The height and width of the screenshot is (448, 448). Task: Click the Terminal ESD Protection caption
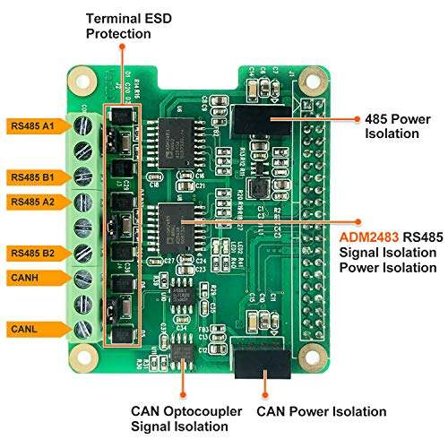120,25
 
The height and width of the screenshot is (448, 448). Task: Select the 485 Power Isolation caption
392,125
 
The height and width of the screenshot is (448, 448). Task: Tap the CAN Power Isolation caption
321,412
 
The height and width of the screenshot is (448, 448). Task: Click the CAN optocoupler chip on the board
184,355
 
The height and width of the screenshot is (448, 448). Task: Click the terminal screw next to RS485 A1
83,126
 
